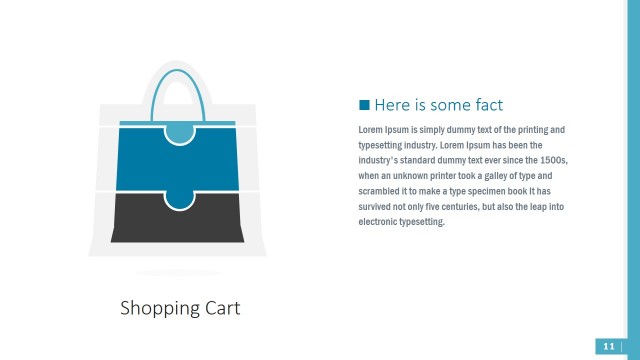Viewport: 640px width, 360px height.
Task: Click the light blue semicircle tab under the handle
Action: click(178, 131)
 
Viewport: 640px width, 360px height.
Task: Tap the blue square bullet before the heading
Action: click(364, 104)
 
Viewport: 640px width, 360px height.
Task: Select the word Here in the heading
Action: click(391, 104)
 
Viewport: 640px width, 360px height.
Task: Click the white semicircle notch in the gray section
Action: click(178, 199)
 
